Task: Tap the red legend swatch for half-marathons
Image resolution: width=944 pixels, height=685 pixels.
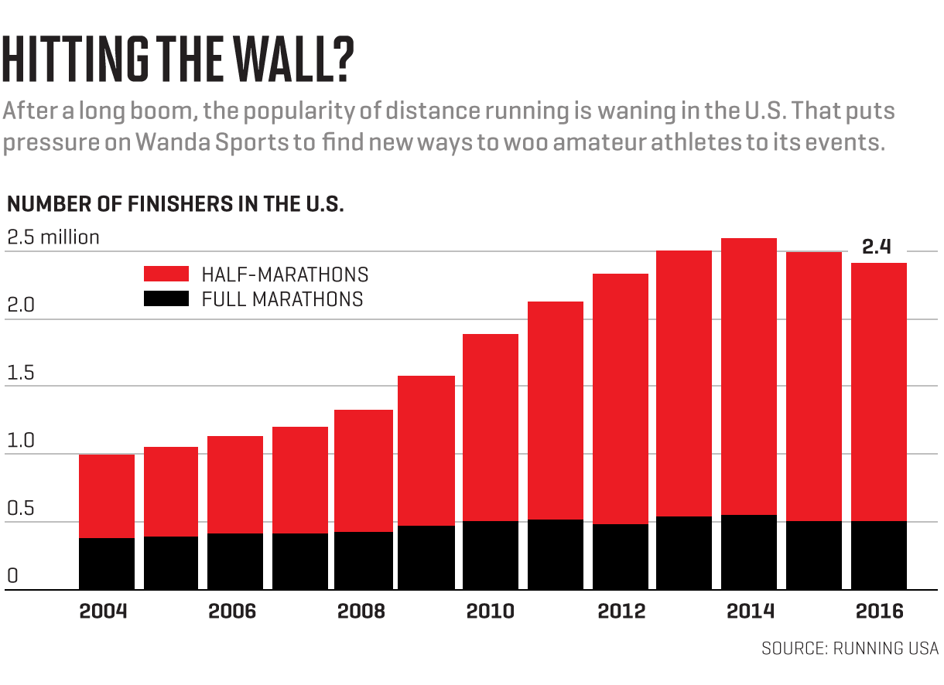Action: (x=166, y=274)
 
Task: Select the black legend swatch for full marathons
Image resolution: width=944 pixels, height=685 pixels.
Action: (x=166, y=298)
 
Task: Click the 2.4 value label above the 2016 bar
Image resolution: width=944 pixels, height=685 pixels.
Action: (x=877, y=247)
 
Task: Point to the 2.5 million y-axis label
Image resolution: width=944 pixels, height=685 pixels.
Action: (x=53, y=237)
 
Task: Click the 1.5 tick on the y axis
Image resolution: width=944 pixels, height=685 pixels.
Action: (x=20, y=373)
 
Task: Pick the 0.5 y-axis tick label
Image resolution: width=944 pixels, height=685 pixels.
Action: (x=20, y=509)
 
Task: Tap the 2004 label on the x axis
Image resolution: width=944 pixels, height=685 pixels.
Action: (x=104, y=611)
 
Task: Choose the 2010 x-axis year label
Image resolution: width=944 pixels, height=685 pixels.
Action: (x=490, y=611)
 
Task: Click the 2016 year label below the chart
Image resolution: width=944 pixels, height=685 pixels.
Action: (x=879, y=611)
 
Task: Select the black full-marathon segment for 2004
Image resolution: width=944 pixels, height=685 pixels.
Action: (x=107, y=564)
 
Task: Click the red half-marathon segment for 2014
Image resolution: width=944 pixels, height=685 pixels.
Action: (x=749, y=376)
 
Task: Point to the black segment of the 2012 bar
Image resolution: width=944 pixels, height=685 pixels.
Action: (x=621, y=557)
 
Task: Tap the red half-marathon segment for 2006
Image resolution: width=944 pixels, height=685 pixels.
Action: (x=235, y=484)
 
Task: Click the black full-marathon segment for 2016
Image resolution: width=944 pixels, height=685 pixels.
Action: (x=879, y=555)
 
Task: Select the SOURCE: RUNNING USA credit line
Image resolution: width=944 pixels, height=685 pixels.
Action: (x=850, y=648)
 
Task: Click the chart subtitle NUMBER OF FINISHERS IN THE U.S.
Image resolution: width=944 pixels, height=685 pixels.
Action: (x=175, y=205)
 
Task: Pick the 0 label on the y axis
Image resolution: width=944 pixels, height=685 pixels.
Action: (x=12, y=576)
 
